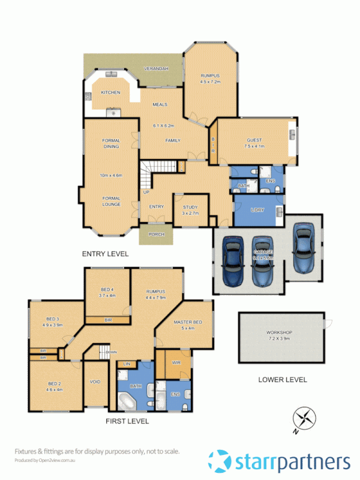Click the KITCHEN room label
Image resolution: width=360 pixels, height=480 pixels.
pos(110,92)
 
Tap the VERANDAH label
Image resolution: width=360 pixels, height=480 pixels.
pos(156,69)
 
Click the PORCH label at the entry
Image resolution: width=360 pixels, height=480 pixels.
pos(156,235)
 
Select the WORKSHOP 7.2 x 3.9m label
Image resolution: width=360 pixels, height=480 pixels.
pos(278,335)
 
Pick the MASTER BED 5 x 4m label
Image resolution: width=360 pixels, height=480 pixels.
pos(188,325)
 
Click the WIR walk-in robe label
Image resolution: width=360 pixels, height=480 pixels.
pos(176,364)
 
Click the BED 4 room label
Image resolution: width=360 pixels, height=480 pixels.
pos(109,292)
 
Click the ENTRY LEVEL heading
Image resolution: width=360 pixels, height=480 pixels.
pos(105,254)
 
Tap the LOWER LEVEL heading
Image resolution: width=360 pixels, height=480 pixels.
pos(282,379)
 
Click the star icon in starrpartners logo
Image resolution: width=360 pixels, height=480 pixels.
pos(219,461)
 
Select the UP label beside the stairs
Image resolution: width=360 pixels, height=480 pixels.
pos(146,192)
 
